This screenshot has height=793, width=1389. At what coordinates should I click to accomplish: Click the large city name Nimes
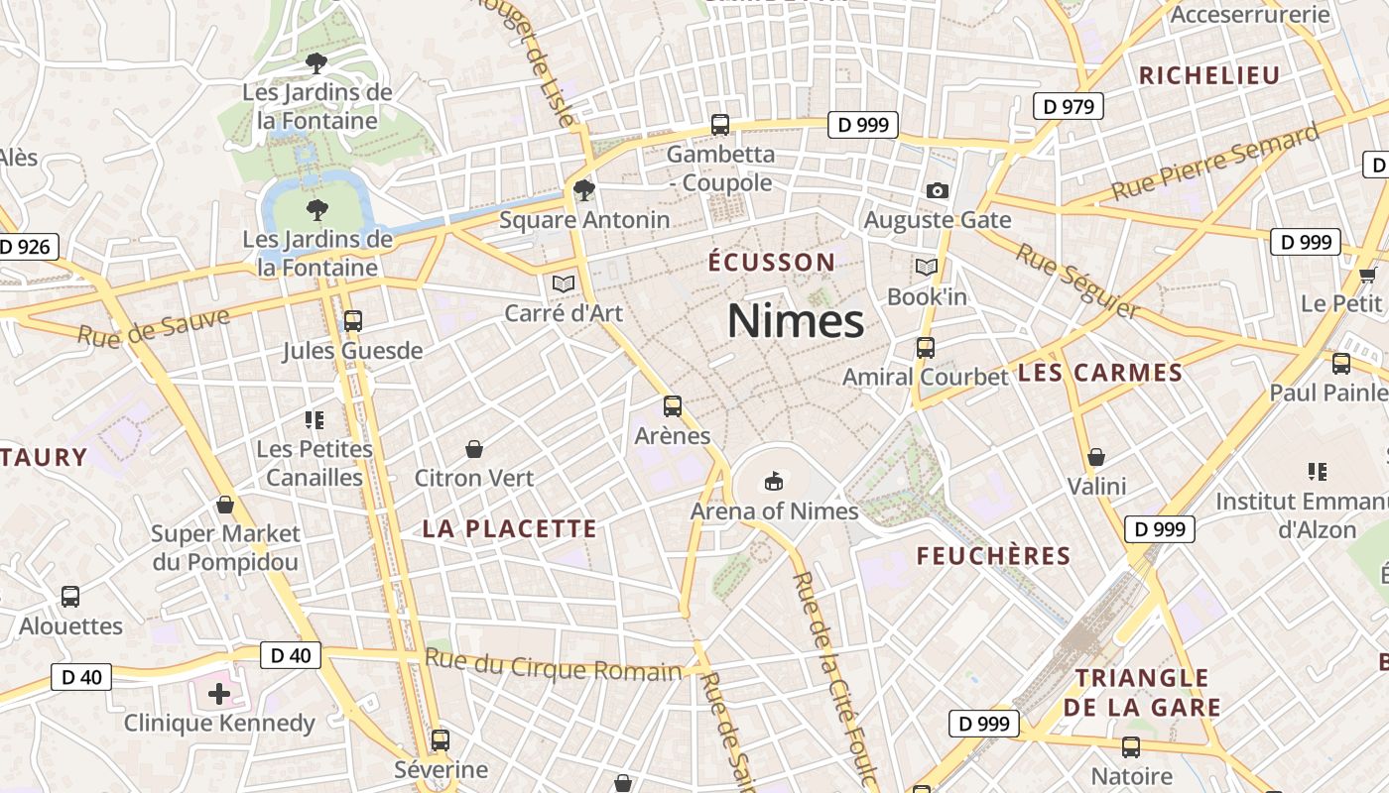(796, 321)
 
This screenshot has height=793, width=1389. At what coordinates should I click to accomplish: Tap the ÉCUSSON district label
(772, 263)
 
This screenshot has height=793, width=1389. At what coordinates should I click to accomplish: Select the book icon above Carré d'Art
(564, 284)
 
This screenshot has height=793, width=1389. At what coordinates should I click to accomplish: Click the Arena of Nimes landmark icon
(773, 483)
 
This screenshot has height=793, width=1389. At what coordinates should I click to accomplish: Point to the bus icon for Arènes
(673, 406)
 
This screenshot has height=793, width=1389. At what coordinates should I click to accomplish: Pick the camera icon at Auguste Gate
(937, 190)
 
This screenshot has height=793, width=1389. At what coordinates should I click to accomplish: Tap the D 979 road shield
(1068, 106)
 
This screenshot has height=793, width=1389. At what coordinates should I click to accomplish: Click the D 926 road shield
(27, 247)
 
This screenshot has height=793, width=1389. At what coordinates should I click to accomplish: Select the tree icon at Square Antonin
(584, 189)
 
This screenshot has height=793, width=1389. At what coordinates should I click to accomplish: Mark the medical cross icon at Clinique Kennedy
(219, 693)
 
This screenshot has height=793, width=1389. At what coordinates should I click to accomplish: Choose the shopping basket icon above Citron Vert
(474, 449)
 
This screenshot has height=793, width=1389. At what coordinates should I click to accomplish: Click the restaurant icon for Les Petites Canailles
(315, 420)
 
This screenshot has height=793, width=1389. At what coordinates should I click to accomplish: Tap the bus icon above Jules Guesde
(352, 321)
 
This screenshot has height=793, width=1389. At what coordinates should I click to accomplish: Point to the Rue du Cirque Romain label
(554, 664)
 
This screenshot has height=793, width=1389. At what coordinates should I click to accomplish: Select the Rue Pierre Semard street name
(1214, 162)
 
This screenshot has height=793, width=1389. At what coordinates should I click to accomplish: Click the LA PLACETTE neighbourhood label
(510, 529)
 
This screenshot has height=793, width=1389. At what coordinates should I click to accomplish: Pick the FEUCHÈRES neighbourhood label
(993, 556)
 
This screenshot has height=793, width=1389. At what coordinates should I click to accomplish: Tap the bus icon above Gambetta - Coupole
(720, 125)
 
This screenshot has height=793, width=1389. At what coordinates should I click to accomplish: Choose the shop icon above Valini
(1096, 457)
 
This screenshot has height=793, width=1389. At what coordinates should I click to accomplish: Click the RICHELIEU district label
(1209, 75)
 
